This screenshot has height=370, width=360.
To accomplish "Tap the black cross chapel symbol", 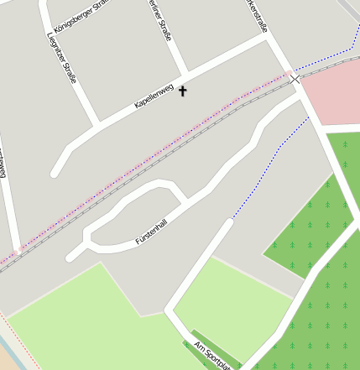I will (183, 91).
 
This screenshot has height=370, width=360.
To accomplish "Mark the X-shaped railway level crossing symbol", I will (295, 79).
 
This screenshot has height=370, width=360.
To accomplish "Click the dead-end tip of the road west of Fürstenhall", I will (72, 255).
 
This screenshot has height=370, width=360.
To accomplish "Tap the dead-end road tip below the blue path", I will (227, 223).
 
